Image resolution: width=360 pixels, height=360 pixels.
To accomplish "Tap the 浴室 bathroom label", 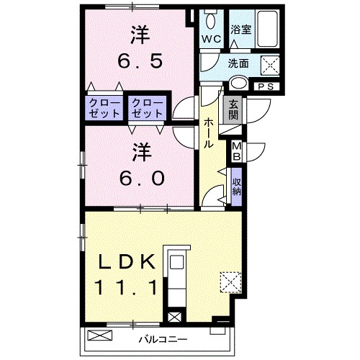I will coord(240,31).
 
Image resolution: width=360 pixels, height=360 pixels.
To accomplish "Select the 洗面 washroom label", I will coord(238,63).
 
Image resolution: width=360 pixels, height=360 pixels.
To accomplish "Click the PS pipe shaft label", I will coord(265,86).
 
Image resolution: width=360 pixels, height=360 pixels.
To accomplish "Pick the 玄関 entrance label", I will coord(233,111).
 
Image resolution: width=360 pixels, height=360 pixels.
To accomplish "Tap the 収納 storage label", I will coord(236,186).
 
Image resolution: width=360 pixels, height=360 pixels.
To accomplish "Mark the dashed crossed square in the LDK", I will coord(230,281).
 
